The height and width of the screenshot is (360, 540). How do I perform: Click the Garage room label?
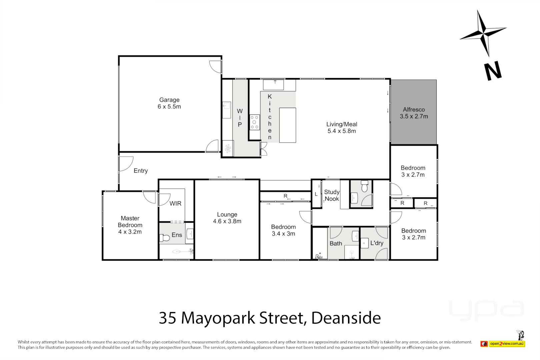tap(169, 100)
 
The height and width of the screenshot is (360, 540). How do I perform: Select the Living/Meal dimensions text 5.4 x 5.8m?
tap(342, 131)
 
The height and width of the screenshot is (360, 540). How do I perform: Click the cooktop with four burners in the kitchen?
tap(255, 122)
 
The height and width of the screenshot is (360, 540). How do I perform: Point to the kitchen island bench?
tap(288, 125)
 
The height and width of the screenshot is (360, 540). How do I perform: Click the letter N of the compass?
tap(493, 71)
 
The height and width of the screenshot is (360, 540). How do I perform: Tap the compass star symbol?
tap(483, 33)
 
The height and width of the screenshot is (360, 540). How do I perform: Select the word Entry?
tap(141, 171)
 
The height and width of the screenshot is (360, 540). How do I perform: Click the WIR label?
tap(175, 203)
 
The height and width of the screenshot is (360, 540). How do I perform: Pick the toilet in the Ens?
tap(165, 238)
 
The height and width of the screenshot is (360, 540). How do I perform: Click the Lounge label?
tap(227, 215)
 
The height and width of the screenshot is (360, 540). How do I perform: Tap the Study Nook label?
tap(332, 195)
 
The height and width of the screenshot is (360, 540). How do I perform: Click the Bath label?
tap(336, 243)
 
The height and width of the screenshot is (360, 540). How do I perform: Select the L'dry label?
tap(377, 243)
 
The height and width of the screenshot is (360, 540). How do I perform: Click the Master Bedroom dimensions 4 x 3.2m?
tap(130, 232)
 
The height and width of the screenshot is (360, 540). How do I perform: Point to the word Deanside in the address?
tap(346, 318)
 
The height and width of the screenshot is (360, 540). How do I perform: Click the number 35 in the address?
tap(167, 318)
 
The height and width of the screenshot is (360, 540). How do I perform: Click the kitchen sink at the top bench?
tap(273, 85)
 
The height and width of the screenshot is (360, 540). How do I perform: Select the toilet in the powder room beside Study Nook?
tap(364, 187)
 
